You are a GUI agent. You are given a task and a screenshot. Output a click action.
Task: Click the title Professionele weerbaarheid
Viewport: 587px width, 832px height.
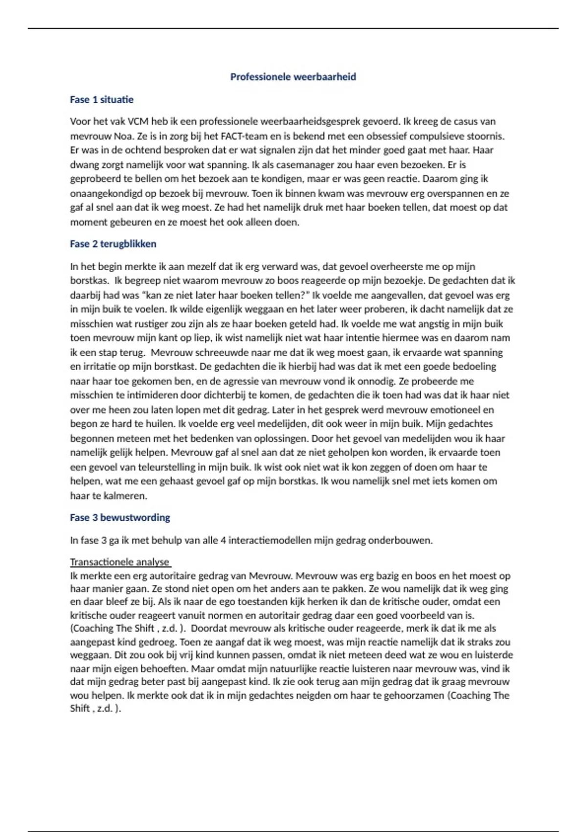tap(293, 77)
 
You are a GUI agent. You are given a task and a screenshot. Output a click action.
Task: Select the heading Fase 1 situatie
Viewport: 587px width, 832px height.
tap(102, 100)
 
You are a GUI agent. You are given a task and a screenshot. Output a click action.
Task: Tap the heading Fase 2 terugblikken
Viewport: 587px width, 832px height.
tap(113, 244)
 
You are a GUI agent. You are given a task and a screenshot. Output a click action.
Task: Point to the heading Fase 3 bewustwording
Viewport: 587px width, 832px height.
tap(120, 517)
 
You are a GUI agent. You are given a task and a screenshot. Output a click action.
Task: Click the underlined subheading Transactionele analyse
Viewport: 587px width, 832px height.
tap(120, 562)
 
